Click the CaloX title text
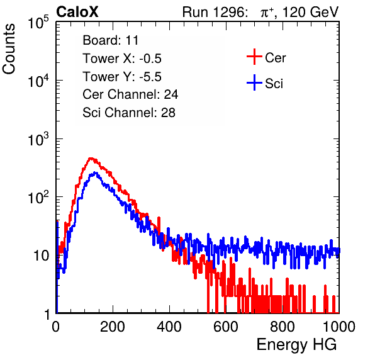[x=77, y=12]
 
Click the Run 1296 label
[x=215, y=12]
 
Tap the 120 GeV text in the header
[x=310, y=12]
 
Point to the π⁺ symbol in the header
[x=267, y=13]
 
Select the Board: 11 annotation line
[x=111, y=40]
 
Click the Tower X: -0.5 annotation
[x=122, y=59]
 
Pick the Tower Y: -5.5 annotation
[x=122, y=77]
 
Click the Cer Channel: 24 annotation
[x=130, y=94]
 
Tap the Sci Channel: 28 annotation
[x=129, y=113]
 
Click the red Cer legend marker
[x=254, y=57]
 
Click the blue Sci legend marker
[x=254, y=83]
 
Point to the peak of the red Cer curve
[x=91, y=158]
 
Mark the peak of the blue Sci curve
[x=95, y=172]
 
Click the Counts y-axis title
[x=9, y=49]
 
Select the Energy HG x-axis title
[x=296, y=345]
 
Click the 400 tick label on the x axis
[x=169, y=327]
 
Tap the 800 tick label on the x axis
[x=283, y=327]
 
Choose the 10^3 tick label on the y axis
[x=38, y=138]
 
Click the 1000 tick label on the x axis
[x=339, y=327]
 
